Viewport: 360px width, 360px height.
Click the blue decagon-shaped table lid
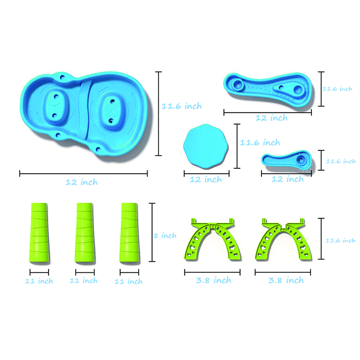(x=206, y=147)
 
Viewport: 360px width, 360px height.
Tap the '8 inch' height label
(x=165, y=235)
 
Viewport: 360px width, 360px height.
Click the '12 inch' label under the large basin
(x=82, y=182)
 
